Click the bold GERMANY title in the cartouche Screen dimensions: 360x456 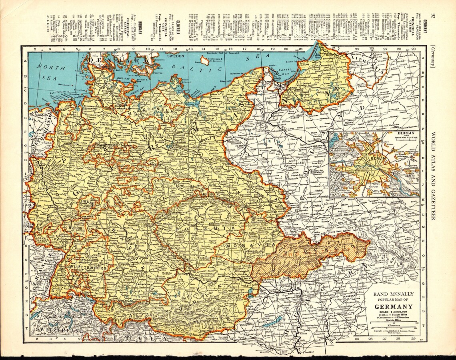393,307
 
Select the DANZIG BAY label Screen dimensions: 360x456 282,74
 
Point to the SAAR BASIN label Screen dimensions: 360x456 40,238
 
